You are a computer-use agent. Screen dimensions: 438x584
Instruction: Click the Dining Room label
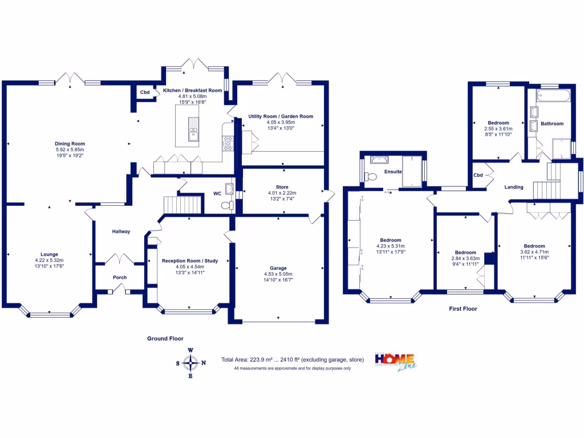click(70, 143)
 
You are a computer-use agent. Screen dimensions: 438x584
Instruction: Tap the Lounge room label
click(49, 254)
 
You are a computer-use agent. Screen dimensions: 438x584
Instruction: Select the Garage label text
click(278, 267)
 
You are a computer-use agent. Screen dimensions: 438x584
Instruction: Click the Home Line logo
click(394, 360)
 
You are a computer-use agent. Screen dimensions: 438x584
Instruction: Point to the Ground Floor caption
click(165, 338)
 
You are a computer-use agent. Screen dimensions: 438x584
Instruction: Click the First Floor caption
click(463, 309)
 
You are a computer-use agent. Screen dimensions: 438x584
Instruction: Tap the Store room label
click(282, 187)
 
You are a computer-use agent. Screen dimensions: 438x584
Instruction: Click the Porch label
click(120, 277)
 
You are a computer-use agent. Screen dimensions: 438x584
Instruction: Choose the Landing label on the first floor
click(514, 187)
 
